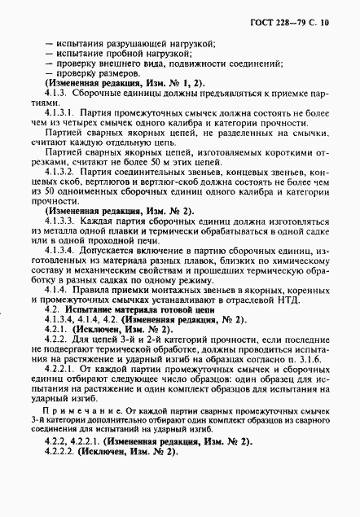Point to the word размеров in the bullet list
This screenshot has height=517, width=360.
click(x=114, y=75)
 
